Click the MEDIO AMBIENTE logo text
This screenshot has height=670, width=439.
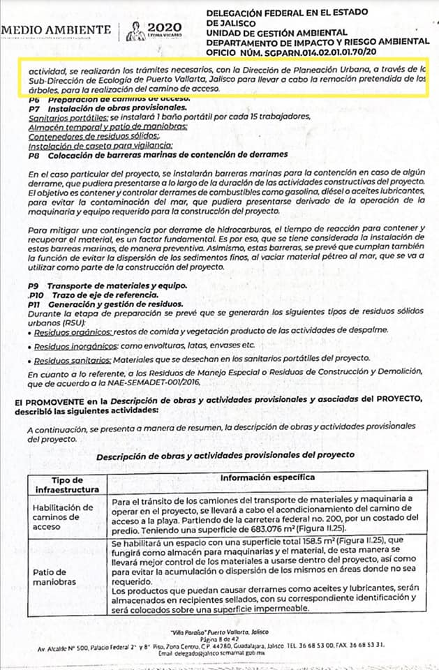56,29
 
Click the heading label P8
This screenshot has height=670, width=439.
34,154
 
